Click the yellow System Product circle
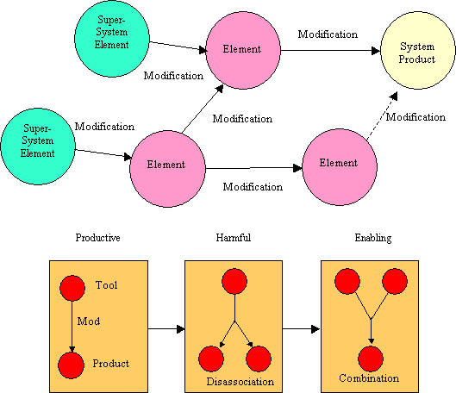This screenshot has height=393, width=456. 418,50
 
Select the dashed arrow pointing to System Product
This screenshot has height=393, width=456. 382,116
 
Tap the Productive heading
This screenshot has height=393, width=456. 97,238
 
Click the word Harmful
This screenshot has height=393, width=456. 234,238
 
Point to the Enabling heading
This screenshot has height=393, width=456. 373,238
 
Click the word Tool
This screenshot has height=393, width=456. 106,285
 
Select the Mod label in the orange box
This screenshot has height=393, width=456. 89,321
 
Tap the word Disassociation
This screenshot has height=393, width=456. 240,382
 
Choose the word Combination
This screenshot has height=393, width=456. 369,378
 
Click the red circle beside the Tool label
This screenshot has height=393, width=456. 72,288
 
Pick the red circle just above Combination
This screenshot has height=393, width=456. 371,359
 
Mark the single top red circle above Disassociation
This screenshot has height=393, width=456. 234,281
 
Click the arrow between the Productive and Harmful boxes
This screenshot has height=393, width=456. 166,329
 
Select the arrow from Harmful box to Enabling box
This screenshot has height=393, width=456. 302,329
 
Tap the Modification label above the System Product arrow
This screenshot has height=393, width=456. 328,34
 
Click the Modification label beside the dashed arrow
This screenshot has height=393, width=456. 415,117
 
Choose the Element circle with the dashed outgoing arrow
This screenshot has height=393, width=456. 340,167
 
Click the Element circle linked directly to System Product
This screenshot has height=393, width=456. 243,50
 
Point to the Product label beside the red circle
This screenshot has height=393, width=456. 111,364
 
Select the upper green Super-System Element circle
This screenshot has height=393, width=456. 112,39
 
